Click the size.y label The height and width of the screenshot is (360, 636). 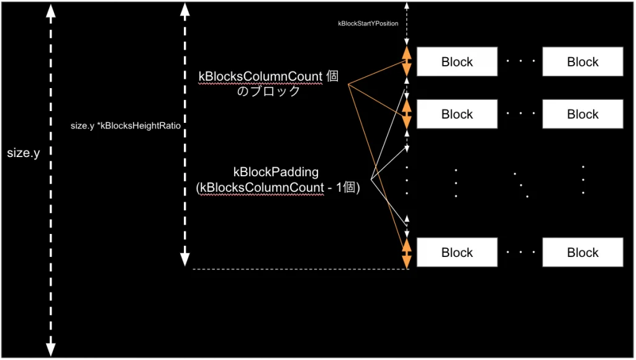24,153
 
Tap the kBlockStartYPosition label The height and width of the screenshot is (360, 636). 368,23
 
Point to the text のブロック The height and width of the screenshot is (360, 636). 268,91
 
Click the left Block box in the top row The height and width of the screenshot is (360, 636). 457,62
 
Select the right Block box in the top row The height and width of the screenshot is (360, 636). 583,62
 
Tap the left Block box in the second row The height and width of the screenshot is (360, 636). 457,114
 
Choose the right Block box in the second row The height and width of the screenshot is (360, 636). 583,114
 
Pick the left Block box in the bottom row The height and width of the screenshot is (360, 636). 457,253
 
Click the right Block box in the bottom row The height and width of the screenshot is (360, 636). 583,253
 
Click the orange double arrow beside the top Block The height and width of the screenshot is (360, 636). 407,62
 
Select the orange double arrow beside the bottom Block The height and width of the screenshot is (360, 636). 407,253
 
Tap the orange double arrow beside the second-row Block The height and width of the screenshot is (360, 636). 407,115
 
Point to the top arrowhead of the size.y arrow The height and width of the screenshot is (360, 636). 51,11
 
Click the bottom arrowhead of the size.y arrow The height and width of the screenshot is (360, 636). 51,349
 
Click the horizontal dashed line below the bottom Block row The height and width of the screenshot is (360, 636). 298,269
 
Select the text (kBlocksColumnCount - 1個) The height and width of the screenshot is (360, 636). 278,187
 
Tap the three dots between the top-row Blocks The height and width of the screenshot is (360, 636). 520,62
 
